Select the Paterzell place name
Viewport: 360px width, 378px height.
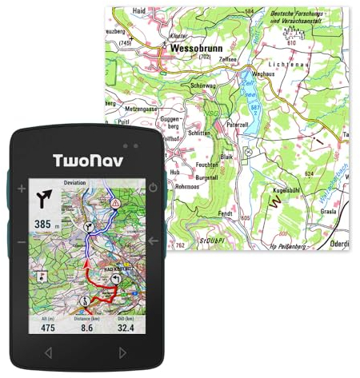(238, 125)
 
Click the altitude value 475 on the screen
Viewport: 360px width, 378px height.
(47, 326)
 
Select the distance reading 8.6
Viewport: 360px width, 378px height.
(86, 326)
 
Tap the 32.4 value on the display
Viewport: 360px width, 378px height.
(125, 326)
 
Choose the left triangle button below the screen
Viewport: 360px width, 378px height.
(48, 352)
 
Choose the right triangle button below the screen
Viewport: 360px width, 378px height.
(122, 352)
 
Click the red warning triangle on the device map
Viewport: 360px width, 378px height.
(117, 204)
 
